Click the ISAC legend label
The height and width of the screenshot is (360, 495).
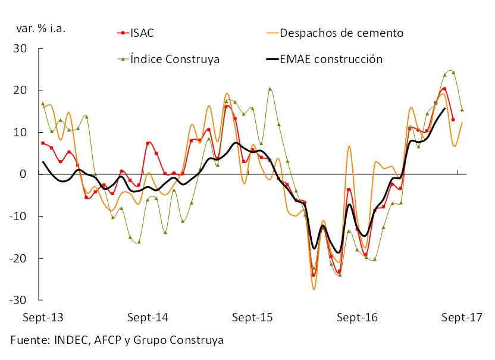click(x=142, y=33)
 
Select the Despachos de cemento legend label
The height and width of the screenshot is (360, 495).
click(x=342, y=33)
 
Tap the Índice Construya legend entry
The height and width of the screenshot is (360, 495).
click(x=176, y=59)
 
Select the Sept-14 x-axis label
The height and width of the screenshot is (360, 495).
click(x=148, y=317)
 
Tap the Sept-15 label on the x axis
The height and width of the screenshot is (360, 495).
click(x=252, y=317)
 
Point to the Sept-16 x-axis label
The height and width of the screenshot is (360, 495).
click(x=357, y=317)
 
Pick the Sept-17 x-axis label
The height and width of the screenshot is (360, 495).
click(x=462, y=317)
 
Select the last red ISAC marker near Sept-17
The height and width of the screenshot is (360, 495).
click(x=453, y=120)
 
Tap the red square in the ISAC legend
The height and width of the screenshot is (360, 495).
click(x=122, y=33)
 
